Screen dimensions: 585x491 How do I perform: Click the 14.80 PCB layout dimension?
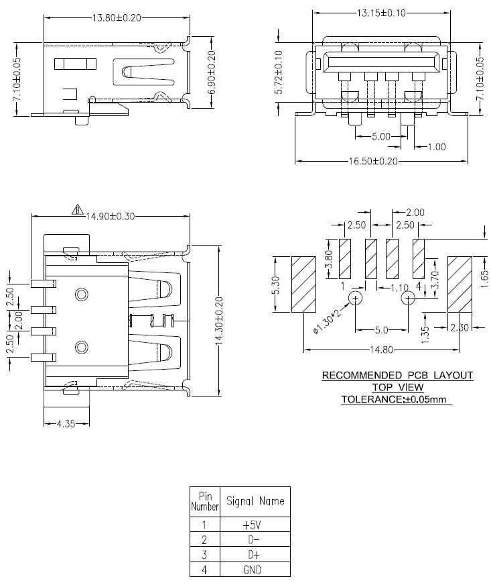pyautogui.click(x=382, y=350)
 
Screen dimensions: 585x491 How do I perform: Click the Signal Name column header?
pyautogui.click(x=255, y=501)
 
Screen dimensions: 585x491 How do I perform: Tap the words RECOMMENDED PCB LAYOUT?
pyautogui.click(x=397, y=375)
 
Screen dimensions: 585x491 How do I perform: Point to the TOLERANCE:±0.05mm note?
pyautogui.click(x=395, y=399)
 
